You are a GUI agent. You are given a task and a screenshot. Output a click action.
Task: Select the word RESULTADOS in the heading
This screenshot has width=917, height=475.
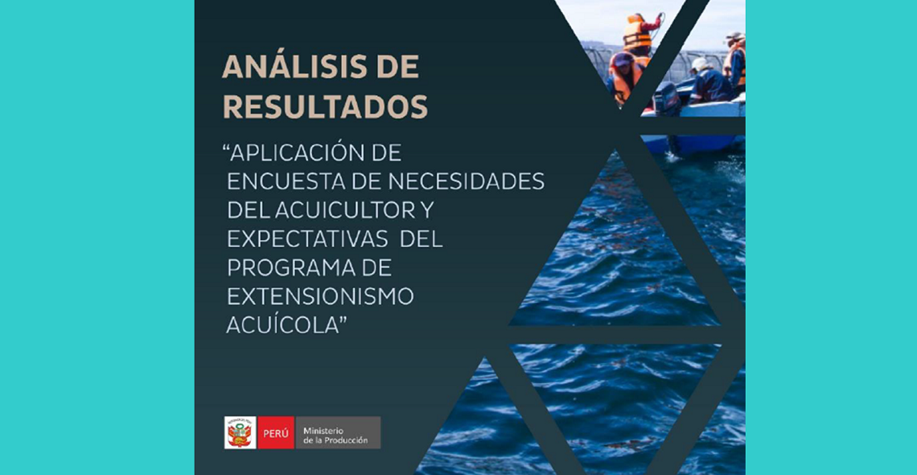point(325,108)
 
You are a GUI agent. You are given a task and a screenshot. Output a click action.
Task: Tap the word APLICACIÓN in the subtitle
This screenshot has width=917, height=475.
point(298,153)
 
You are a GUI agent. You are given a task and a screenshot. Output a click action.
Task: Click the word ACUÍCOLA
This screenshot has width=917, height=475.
point(280,324)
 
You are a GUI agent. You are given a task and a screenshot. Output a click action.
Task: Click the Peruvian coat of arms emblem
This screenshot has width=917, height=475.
point(240,433)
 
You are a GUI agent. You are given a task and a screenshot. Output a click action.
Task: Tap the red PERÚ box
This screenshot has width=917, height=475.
point(275,433)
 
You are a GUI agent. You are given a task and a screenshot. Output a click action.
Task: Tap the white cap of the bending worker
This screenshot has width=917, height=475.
point(700,63)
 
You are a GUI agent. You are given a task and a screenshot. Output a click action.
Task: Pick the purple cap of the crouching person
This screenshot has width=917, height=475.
point(623,60)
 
